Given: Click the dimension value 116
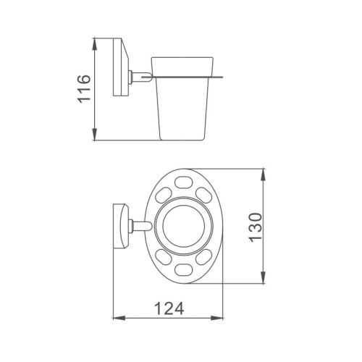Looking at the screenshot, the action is coord(84,89).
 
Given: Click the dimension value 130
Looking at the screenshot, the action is coord(255,227).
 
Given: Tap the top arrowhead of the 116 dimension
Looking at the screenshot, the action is coord(95,44).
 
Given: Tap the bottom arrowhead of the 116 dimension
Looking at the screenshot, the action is coord(95,134).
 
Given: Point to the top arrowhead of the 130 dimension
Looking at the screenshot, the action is coord(264,174).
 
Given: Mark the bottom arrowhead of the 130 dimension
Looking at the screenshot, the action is coord(264,277).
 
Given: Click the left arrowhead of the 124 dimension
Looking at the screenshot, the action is coord(119,319).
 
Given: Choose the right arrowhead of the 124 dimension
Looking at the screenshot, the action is coord(217,319).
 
